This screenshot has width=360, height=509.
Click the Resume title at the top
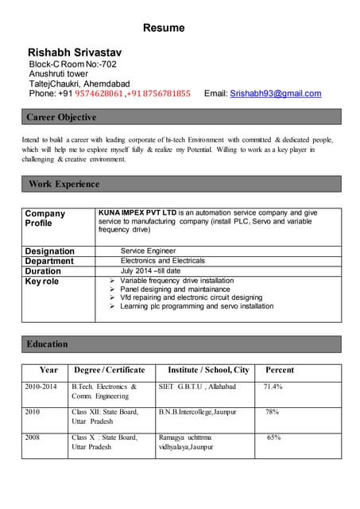(x=164, y=28)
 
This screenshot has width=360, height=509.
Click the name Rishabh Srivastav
(x=75, y=52)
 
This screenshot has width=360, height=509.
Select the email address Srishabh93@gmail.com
(x=276, y=94)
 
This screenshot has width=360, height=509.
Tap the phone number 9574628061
(x=99, y=94)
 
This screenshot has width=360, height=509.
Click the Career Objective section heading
(x=61, y=118)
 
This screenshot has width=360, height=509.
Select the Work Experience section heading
(x=64, y=185)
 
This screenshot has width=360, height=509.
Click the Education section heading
(x=47, y=344)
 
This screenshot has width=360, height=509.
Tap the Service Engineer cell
(x=148, y=251)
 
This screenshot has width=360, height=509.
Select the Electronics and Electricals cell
(x=162, y=261)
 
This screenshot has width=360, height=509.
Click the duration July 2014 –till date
(x=150, y=271)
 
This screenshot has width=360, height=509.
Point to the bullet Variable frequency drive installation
(x=176, y=281)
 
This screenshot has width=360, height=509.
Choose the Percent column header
(x=280, y=370)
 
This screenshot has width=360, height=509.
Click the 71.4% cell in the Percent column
(x=273, y=387)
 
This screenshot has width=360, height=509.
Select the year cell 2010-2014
(x=41, y=387)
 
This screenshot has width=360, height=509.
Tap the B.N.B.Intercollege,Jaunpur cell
(x=198, y=412)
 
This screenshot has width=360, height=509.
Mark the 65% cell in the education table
(x=273, y=437)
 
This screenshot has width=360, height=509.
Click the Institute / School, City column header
(x=208, y=370)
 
